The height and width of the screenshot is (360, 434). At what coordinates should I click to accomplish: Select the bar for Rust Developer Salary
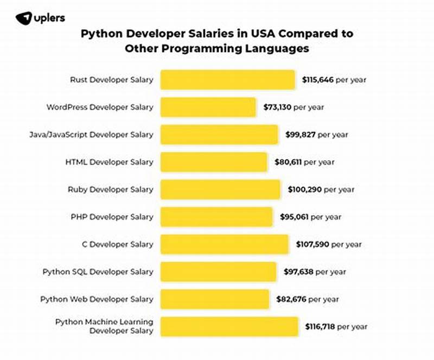[x=228, y=80]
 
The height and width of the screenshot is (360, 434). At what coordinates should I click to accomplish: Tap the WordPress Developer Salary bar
[x=208, y=108]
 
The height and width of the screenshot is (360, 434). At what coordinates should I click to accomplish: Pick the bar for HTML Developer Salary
[x=214, y=162]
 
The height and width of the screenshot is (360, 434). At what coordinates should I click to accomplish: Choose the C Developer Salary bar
[x=225, y=244]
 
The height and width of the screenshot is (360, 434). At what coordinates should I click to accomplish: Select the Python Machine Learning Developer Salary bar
[x=229, y=326]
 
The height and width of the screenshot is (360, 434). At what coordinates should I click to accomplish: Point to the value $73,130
[x=278, y=108]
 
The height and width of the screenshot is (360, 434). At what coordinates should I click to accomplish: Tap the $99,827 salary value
[x=301, y=135]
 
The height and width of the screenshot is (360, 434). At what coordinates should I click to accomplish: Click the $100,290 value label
[x=304, y=190]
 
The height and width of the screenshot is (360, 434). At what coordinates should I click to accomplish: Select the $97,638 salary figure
[x=299, y=271]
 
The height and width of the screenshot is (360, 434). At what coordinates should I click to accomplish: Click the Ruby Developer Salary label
[x=110, y=190]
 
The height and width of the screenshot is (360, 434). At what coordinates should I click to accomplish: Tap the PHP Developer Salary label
[x=112, y=217]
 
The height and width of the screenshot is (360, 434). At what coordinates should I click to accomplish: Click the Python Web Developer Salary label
[x=97, y=299]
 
